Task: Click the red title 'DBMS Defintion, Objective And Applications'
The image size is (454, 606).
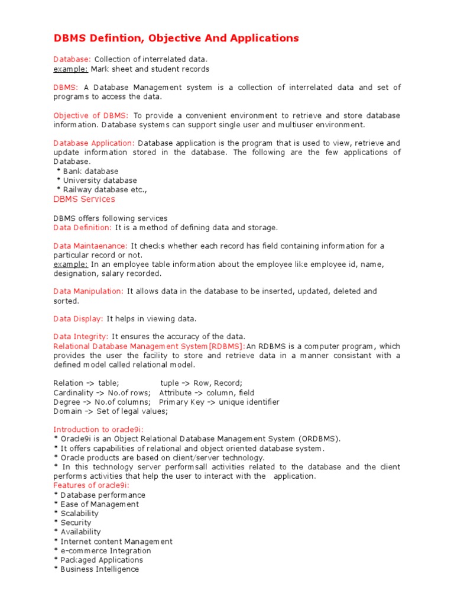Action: (x=176, y=38)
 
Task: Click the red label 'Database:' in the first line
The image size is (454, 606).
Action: (x=72, y=60)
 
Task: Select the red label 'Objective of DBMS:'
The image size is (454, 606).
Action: (x=90, y=115)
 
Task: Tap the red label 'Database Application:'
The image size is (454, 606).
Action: (x=94, y=143)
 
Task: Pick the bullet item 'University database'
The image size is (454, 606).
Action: (x=99, y=180)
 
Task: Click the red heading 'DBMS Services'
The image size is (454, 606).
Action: (x=84, y=199)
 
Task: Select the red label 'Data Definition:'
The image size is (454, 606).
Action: (x=82, y=227)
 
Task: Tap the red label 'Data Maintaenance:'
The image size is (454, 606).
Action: (x=90, y=246)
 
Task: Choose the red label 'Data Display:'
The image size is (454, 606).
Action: (x=78, y=319)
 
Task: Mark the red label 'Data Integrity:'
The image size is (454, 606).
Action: (x=81, y=337)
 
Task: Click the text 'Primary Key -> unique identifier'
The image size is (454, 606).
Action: (x=219, y=402)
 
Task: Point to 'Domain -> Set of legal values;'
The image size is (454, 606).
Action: (x=111, y=411)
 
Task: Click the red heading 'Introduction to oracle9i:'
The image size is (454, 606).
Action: (x=99, y=430)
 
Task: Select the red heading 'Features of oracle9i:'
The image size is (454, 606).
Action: (x=92, y=485)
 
